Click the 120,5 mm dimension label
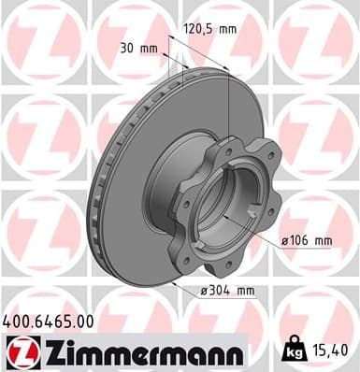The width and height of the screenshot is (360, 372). tap(209, 29)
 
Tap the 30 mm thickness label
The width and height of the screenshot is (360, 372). tap(139, 49)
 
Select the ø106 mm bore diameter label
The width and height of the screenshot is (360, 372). tap(307, 240)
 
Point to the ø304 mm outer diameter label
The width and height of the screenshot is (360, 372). tap(228, 291)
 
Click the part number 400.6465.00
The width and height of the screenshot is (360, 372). tap(48, 322)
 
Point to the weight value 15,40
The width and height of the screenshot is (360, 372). tap(329, 351)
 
